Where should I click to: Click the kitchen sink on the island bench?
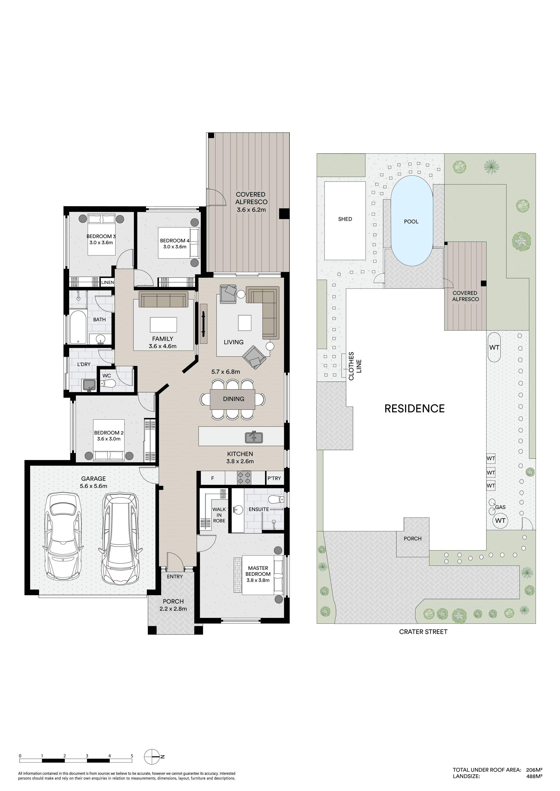[254, 437]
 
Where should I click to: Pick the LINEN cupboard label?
[108, 283]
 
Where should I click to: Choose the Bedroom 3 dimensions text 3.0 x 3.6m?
[101, 243]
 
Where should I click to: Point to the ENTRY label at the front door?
[175, 576]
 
